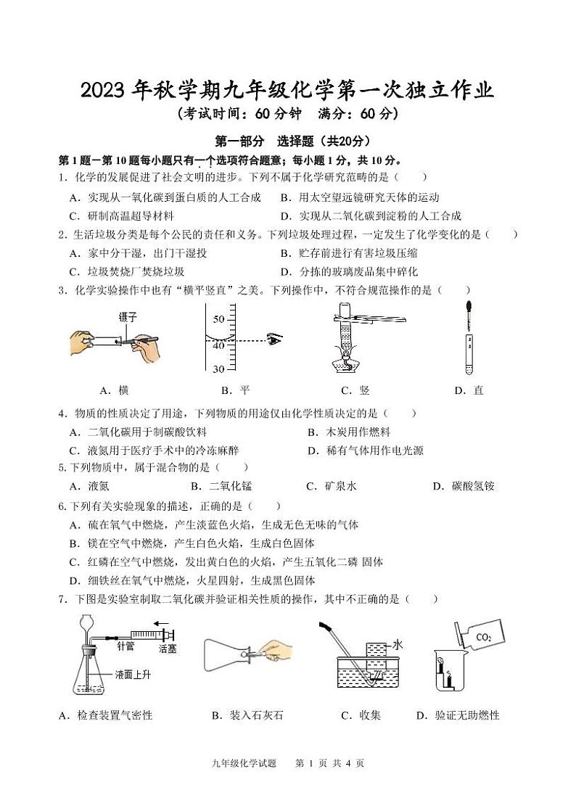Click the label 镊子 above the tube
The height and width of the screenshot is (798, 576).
click(128, 317)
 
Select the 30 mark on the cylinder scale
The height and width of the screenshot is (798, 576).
click(218, 369)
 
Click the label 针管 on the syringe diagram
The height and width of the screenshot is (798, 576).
click(126, 643)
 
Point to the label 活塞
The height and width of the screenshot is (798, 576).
click(168, 648)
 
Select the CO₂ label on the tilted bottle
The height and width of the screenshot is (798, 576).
click(484, 638)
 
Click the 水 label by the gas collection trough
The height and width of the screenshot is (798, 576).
click(397, 643)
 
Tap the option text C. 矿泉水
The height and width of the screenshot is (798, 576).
click(332, 486)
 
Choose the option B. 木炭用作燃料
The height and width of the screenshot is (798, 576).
click(343, 432)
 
